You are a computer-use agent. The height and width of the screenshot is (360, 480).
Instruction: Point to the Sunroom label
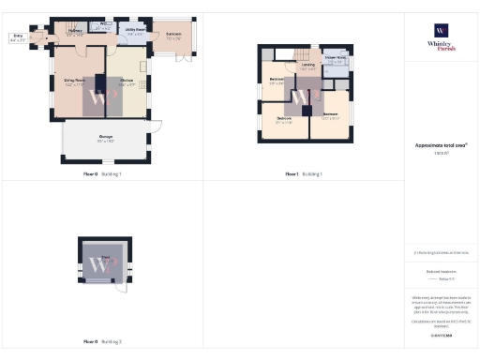(x=173, y=35)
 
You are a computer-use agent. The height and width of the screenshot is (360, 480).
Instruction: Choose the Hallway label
(x=75, y=33)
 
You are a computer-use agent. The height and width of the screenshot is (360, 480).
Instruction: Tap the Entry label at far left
(x=18, y=37)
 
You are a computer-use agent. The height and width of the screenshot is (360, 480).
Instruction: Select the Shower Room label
(x=336, y=60)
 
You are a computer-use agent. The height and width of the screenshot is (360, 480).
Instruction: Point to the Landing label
(x=308, y=67)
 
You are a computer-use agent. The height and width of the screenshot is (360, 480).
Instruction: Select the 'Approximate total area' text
(x=441, y=144)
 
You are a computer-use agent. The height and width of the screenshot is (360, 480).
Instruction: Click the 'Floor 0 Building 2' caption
(x=103, y=341)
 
